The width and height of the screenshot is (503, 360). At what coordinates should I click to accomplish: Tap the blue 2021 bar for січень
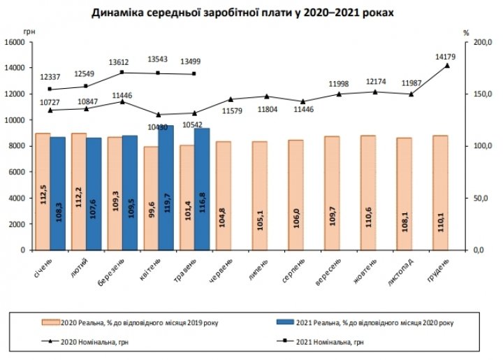pyautogui.click(x=58, y=193)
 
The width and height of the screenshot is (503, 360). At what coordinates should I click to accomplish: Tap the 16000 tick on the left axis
pyautogui.click(x=15, y=42)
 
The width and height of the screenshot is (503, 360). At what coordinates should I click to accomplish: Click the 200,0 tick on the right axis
pyautogui.click(x=481, y=42)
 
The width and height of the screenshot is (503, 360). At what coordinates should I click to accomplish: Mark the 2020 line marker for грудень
pyautogui.click(x=446, y=65)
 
